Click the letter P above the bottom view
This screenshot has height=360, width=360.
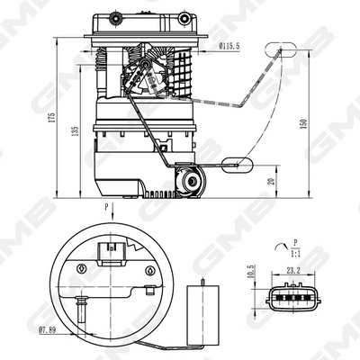click(x=107, y=208)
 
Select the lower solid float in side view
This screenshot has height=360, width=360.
click(x=237, y=164)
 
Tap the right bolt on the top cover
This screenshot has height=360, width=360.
click(x=184, y=19)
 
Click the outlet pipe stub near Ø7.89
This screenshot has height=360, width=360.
click(x=78, y=312)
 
